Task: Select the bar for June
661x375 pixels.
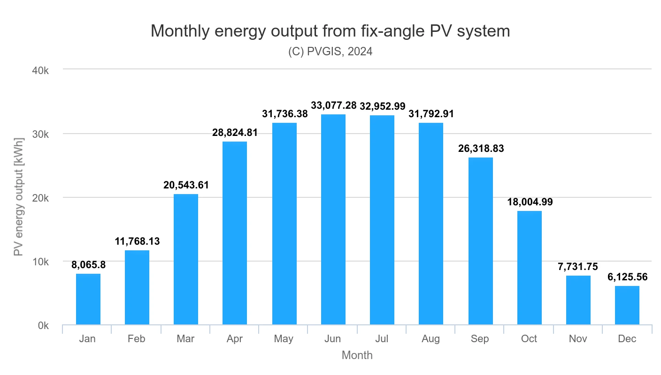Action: coord(333,219)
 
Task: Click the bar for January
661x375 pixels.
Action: coord(88,299)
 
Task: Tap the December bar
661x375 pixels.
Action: coord(627,305)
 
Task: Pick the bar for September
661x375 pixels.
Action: coord(480,241)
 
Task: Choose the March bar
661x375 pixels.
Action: coord(186,259)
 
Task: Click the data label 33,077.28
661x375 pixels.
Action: coord(333,105)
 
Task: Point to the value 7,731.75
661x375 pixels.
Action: coord(578,267)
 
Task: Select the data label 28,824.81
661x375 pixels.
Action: coord(235,133)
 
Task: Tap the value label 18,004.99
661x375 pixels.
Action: coord(529,202)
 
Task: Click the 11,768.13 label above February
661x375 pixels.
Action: coord(137,242)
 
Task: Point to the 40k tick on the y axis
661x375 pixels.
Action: coord(40,70)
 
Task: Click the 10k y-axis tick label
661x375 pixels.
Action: coord(40,262)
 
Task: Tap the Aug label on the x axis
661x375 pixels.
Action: coord(431,339)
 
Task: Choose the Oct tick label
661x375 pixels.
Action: coord(529,339)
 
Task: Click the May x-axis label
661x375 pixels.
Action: coord(284,339)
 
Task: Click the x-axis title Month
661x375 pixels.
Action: coord(357,355)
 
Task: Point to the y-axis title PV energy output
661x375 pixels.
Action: coord(19,197)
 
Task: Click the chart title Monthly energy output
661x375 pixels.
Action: coord(330,31)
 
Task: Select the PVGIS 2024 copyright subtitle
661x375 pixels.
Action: coord(330,52)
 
